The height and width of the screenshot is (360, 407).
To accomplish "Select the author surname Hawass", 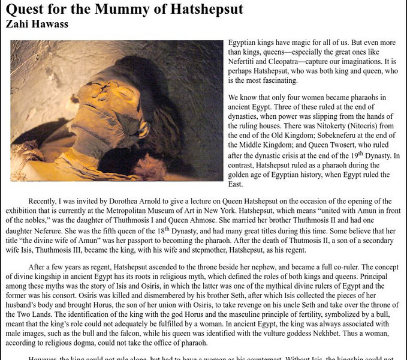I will tap(47, 25).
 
